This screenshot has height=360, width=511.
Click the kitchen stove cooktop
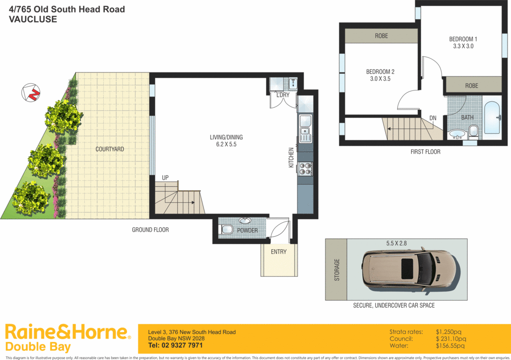[x=305, y=169]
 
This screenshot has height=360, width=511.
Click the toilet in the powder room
[x=226, y=229]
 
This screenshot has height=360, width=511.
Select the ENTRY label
[x=278, y=252]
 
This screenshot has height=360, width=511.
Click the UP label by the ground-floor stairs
[x=165, y=178]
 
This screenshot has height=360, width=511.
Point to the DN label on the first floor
[x=433, y=118]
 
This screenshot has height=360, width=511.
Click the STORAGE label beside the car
[x=336, y=270]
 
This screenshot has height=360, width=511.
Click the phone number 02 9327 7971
[x=176, y=346]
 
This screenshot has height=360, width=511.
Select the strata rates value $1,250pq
[x=450, y=332]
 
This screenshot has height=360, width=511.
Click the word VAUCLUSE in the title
[x=33, y=20]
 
